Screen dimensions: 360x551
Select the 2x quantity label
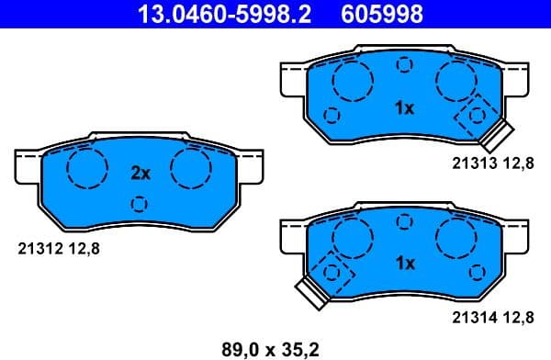140,173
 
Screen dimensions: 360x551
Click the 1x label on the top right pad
404,108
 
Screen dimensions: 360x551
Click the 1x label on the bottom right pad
404,264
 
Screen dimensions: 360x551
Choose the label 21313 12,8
492,163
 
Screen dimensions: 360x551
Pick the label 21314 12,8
492,318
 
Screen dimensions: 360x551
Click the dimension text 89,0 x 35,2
272,347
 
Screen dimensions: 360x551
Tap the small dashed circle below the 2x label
140,203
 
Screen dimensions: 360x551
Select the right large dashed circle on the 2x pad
191,168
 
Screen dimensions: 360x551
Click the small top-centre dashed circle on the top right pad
404,64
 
